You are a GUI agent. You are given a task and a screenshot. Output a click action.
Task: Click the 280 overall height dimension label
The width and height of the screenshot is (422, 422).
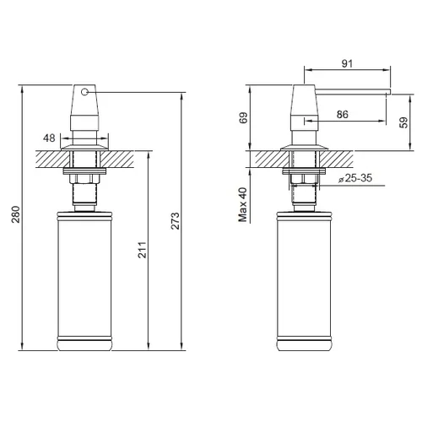pyautogui.click(x=16, y=214)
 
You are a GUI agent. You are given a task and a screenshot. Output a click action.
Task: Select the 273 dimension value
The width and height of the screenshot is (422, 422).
pyautogui.click(x=175, y=221)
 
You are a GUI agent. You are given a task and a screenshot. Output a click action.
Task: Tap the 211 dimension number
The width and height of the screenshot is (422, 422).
pyautogui.click(x=143, y=250)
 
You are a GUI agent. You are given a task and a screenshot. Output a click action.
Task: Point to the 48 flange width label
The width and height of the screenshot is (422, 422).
pyautogui.click(x=49, y=138)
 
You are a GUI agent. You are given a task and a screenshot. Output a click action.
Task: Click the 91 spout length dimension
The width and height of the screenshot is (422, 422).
pyautogui.click(x=347, y=64)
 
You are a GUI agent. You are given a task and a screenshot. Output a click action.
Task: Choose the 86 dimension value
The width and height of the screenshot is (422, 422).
pyautogui.click(x=343, y=115)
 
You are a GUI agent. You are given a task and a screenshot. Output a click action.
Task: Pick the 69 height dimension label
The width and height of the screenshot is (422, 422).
pyautogui.click(x=244, y=117)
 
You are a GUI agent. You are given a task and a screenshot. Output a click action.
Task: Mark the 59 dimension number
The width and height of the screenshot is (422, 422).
pyautogui.click(x=403, y=122)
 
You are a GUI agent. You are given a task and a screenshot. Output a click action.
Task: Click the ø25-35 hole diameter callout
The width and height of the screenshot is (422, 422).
pyautogui.click(x=355, y=178)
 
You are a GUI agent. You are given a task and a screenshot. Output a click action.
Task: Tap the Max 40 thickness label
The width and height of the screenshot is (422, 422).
pyautogui.click(x=242, y=204)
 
